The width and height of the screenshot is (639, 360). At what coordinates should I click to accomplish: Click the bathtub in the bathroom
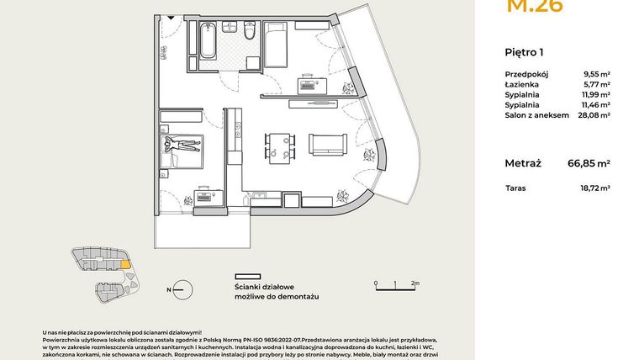point(206,40)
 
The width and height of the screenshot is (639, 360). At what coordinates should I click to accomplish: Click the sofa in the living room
point(327,145)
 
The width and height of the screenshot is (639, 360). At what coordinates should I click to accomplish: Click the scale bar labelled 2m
point(394,283)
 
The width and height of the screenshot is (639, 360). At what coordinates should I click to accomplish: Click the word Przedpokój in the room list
point(527,74)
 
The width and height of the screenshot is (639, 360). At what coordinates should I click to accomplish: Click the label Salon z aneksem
point(533,118)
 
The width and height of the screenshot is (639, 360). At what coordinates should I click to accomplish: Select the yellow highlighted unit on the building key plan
point(125,263)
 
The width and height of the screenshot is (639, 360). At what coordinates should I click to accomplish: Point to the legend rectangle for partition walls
point(247,275)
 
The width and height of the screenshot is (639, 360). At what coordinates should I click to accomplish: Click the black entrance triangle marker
point(171,17)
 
